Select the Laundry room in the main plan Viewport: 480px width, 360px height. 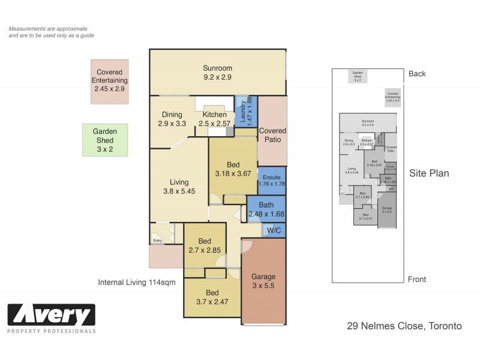click(245, 110)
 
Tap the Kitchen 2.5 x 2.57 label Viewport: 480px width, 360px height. click(214, 119)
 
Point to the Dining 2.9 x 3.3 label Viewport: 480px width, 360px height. click(172, 119)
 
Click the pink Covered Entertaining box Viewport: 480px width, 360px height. click(109, 81)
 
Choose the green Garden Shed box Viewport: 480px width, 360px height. click(105, 140)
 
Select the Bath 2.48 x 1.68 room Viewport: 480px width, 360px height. click(266, 209)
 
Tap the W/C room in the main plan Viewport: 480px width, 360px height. click(274, 230)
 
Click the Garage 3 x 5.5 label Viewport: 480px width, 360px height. click(263, 281)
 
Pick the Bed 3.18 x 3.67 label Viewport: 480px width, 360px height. click(233, 169)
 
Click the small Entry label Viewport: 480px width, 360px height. click(158, 241)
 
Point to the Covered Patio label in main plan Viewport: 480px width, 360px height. click(272, 135)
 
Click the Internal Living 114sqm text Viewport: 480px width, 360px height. click(136, 283)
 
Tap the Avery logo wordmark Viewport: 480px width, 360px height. click(52, 314)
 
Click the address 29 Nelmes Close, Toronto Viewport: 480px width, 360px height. click(404, 326)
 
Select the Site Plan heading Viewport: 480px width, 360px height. click(429, 173)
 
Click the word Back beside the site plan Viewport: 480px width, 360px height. click(417, 74)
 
